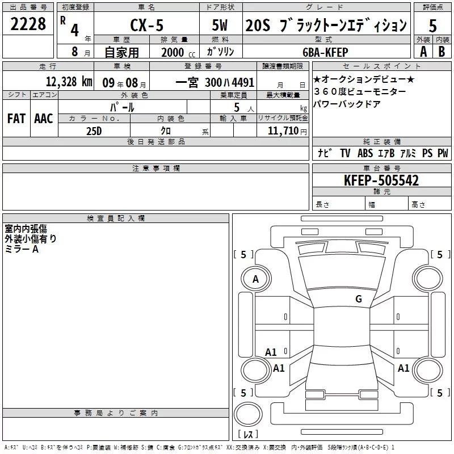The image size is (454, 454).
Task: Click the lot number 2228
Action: (x=28, y=24)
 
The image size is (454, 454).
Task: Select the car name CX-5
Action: (x=147, y=25)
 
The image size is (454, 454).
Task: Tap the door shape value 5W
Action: (x=220, y=25)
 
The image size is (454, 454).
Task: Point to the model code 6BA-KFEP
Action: (x=325, y=52)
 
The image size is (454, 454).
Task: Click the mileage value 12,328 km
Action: (x=69, y=82)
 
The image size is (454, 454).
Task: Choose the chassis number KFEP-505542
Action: (x=381, y=180)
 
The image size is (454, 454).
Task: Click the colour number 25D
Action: (x=94, y=131)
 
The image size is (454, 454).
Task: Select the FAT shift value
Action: (x=16, y=119)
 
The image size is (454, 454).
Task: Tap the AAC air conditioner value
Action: (x=44, y=119)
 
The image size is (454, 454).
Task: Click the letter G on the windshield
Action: (x=359, y=299)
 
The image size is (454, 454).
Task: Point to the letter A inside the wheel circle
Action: (x=255, y=279)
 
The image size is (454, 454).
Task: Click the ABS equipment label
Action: (x=365, y=153)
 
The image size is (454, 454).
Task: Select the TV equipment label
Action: (x=345, y=153)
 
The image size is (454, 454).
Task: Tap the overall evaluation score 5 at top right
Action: (x=432, y=26)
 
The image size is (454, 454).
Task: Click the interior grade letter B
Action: (x=442, y=52)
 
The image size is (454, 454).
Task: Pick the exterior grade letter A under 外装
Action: (x=423, y=52)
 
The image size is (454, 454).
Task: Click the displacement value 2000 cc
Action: (x=178, y=53)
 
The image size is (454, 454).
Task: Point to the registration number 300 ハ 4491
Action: (x=229, y=82)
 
